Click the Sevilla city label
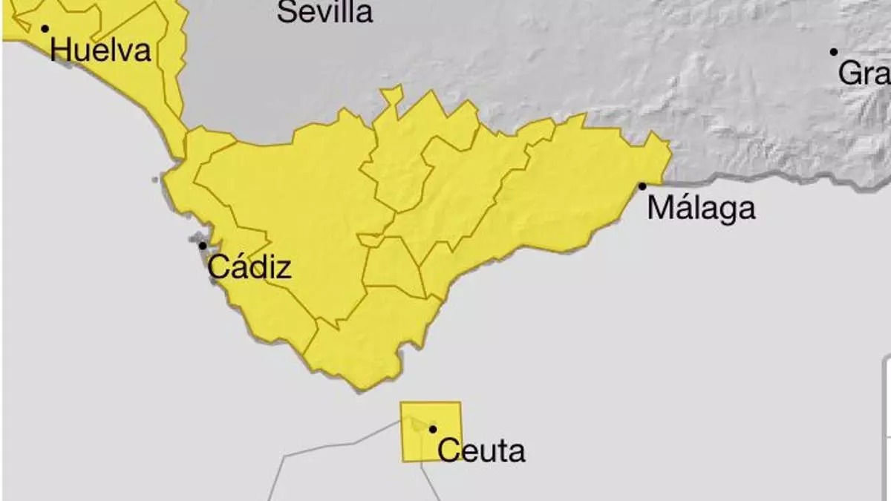click(325, 12)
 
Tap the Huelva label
click(101, 50)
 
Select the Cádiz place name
click(249, 266)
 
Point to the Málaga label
click(701, 208)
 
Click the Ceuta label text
click(481, 451)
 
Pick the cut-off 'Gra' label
click(864, 73)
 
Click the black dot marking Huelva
click(45, 29)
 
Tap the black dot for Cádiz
click(202, 245)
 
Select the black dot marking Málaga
click(642, 186)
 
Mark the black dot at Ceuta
click(433, 429)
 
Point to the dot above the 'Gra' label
click(834, 52)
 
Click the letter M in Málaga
click(661, 208)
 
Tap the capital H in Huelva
click(62, 50)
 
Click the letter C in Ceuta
click(448, 451)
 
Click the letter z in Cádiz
click(283, 269)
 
